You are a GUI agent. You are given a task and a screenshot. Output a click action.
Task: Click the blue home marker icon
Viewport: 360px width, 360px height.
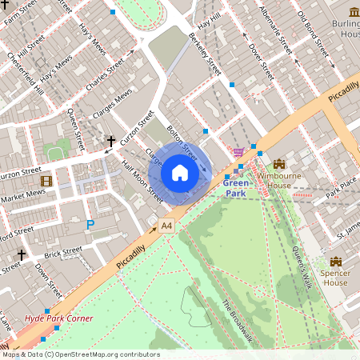180,173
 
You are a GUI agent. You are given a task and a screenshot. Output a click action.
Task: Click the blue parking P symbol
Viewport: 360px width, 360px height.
90,226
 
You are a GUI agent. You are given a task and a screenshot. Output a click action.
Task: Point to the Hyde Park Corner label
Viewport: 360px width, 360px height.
58,318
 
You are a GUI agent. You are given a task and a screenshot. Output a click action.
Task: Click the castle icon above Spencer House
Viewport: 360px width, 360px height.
335,262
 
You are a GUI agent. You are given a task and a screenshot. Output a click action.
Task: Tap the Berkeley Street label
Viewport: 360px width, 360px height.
204,54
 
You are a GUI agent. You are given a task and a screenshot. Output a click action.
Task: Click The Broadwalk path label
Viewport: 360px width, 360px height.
237,321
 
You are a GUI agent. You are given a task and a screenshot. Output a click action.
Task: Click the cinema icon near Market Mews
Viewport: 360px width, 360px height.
46,181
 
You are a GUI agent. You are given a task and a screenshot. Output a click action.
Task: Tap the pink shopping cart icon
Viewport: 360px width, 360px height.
238,152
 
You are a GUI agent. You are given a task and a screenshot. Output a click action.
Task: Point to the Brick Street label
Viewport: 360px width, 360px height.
63,253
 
